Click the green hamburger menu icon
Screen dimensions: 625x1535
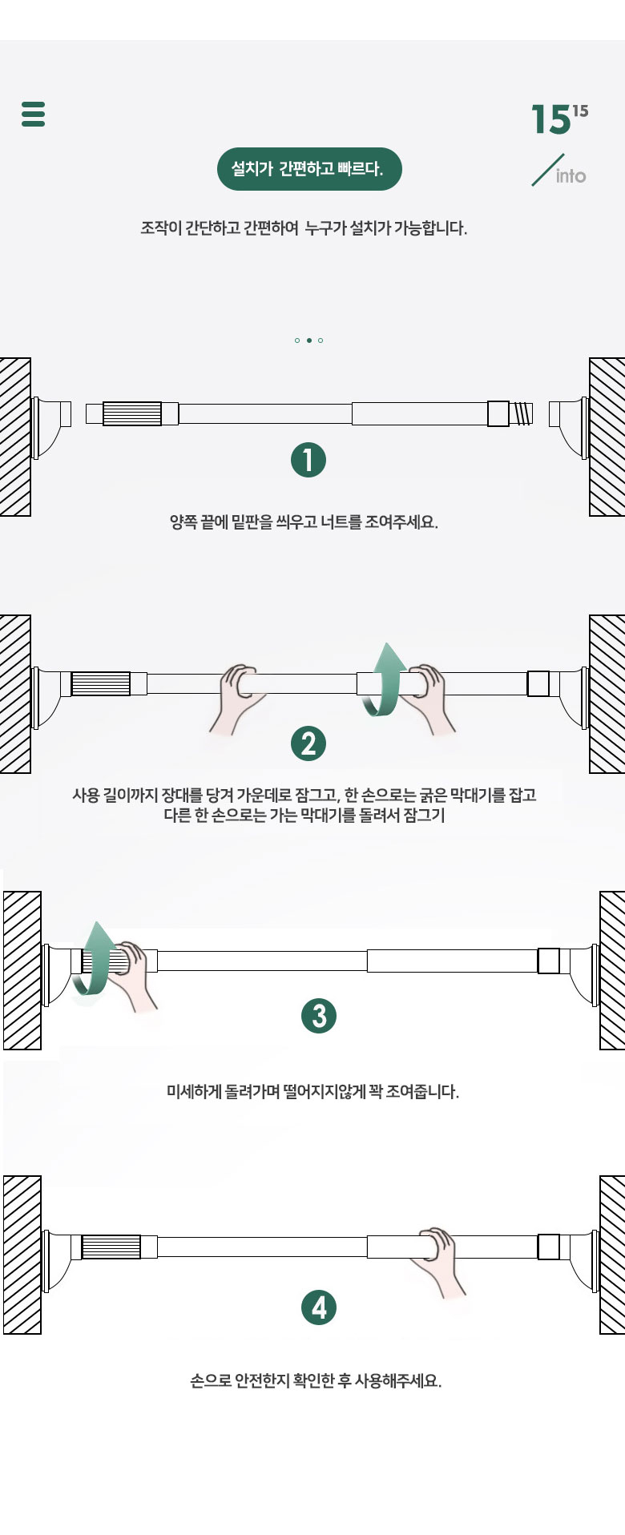pyautogui.click(x=33, y=114)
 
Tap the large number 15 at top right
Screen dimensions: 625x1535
pyautogui.click(x=550, y=120)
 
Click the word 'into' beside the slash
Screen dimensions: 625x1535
pyautogui.click(x=571, y=176)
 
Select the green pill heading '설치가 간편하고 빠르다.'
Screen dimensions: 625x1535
pyautogui.click(x=309, y=169)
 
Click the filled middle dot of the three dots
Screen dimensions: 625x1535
pyautogui.click(x=308, y=340)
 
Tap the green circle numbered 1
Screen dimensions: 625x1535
pyautogui.click(x=308, y=460)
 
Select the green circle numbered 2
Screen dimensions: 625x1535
pyautogui.click(x=308, y=743)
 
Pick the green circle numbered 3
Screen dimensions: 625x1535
pyautogui.click(x=319, y=1016)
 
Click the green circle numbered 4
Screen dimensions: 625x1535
pyautogui.click(x=319, y=1307)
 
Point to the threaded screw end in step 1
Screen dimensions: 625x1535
pyautogui.click(x=521, y=413)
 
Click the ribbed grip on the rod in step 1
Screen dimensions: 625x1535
pyautogui.click(x=132, y=413)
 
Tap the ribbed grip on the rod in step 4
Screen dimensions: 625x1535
pyautogui.click(x=111, y=1247)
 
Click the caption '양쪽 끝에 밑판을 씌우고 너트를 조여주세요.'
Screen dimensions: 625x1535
pyautogui.click(x=304, y=522)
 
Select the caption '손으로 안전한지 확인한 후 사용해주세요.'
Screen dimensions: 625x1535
pyautogui.click(x=316, y=1380)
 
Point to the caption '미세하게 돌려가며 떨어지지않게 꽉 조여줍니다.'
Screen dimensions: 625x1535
pyautogui.click(x=312, y=1091)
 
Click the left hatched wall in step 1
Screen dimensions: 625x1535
pyautogui.click(x=15, y=437)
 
